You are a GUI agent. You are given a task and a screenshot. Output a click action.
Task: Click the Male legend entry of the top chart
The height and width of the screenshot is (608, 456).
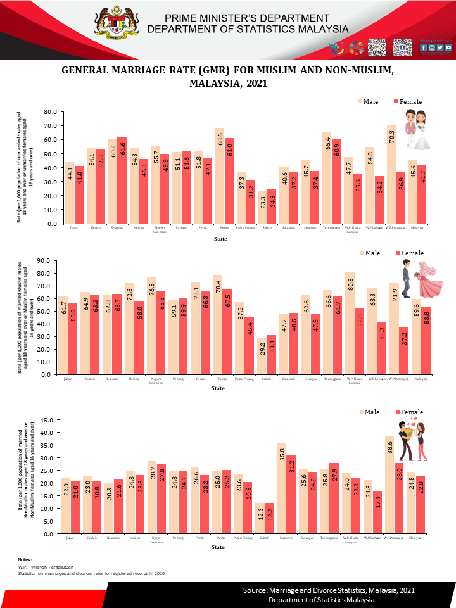(371, 101)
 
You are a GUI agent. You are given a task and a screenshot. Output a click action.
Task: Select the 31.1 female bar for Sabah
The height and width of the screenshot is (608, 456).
(271, 355)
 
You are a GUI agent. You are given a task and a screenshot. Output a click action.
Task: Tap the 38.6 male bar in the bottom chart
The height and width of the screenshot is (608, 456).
(391, 484)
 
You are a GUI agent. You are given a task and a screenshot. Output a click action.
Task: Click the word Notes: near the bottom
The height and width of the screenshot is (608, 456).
(25, 560)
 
